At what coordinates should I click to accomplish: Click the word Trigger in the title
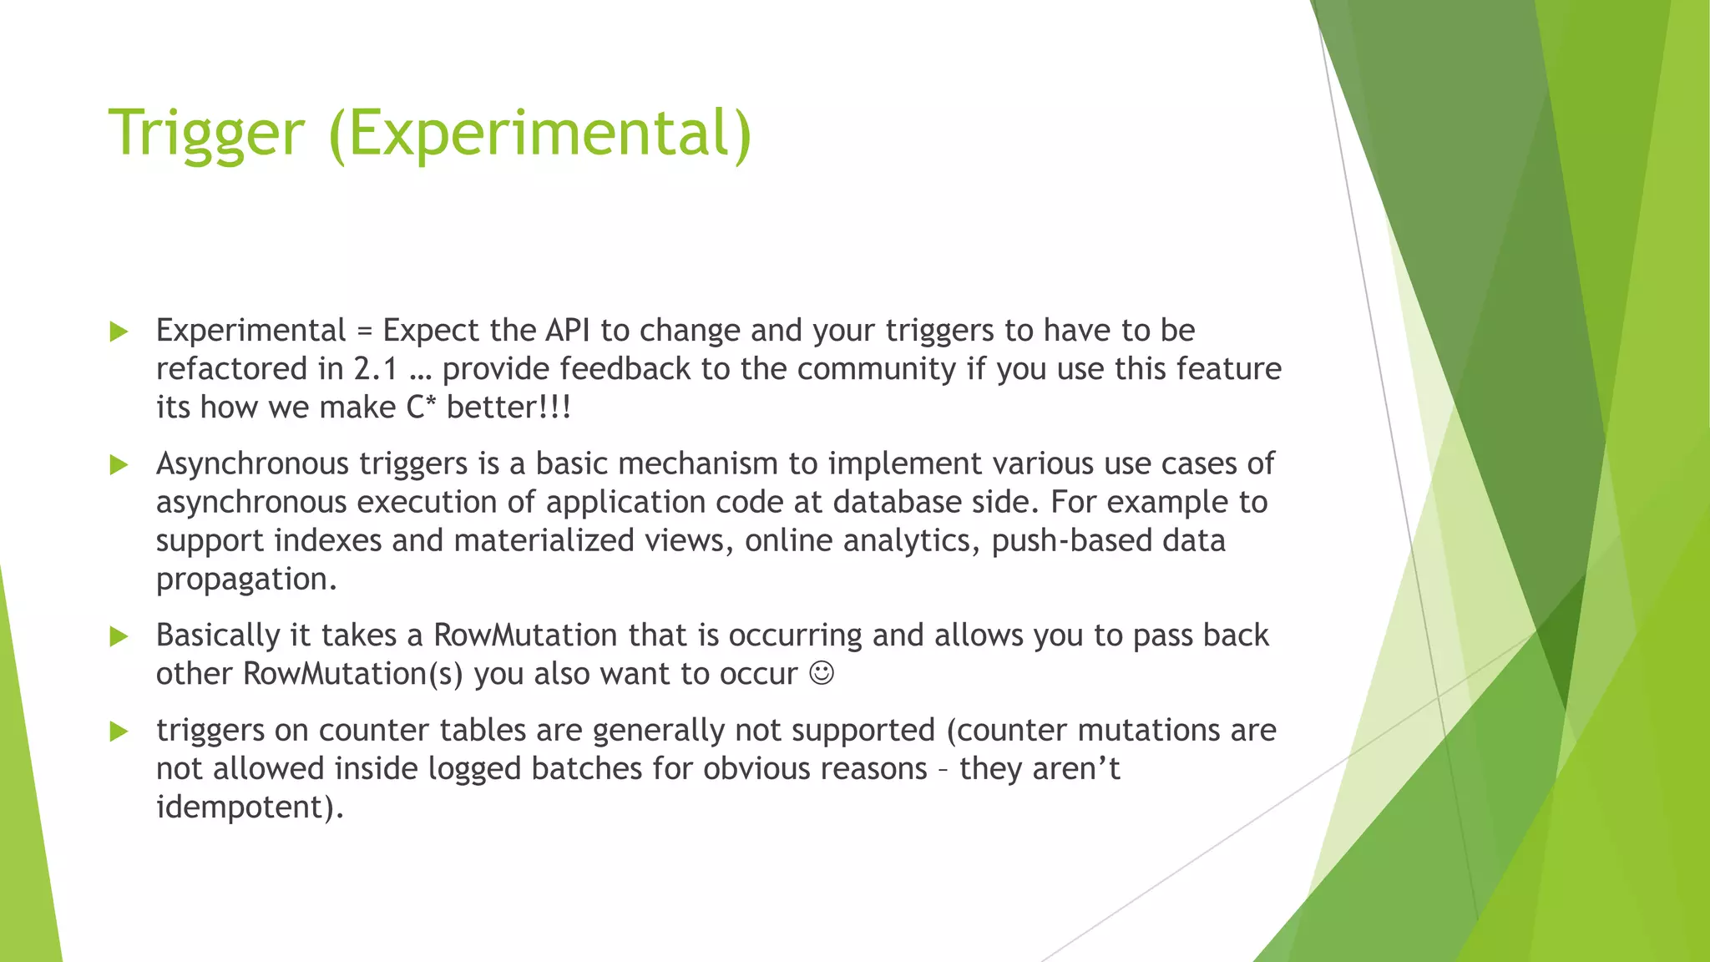pyautogui.click(x=206, y=134)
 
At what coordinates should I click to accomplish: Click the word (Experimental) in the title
pyautogui.click(x=540, y=134)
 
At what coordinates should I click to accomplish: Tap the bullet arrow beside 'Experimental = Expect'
pyautogui.click(x=119, y=332)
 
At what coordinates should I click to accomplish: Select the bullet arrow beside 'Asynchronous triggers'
pyautogui.click(x=119, y=464)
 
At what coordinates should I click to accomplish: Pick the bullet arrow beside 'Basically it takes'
pyautogui.click(x=119, y=636)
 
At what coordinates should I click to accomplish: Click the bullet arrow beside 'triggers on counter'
pyautogui.click(x=119, y=732)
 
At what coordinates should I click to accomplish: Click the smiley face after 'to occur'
pyautogui.click(x=822, y=673)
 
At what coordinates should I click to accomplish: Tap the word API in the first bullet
pyautogui.click(x=567, y=331)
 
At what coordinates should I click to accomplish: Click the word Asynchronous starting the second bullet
pyautogui.click(x=252, y=463)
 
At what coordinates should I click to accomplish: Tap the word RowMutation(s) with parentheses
pyautogui.click(x=352, y=674)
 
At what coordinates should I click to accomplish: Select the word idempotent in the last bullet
pyautogui.click(x=249, y=808)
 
